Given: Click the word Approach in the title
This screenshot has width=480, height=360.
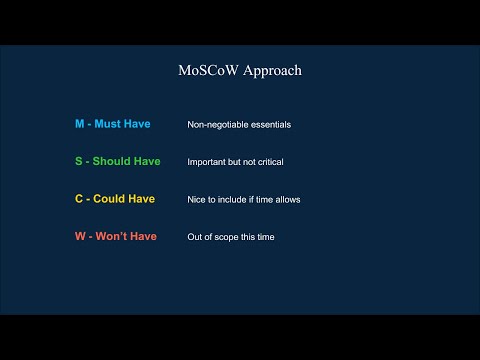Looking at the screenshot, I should tap(269, 71).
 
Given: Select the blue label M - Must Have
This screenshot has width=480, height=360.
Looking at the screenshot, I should tap(112, 124).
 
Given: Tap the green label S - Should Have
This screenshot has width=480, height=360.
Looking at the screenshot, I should tap(118, 161).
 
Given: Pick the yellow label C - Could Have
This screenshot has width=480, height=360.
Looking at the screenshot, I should tap(115, 199).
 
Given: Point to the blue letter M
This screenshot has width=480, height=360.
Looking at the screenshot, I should tap(80, 124).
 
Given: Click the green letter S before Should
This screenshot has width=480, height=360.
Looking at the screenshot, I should tap(79, 161).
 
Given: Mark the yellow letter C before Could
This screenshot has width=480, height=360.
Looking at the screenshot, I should tap(79, 199).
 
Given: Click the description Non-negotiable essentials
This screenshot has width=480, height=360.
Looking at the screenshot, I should tap(239, 125).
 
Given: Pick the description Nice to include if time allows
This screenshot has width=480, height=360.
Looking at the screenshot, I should tap(244, 200).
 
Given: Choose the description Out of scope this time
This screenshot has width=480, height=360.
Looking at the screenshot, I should tap(231, 237).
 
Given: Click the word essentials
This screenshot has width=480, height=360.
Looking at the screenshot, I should tap(269, 125).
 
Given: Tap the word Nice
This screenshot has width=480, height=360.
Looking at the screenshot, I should tap(197, 200).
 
